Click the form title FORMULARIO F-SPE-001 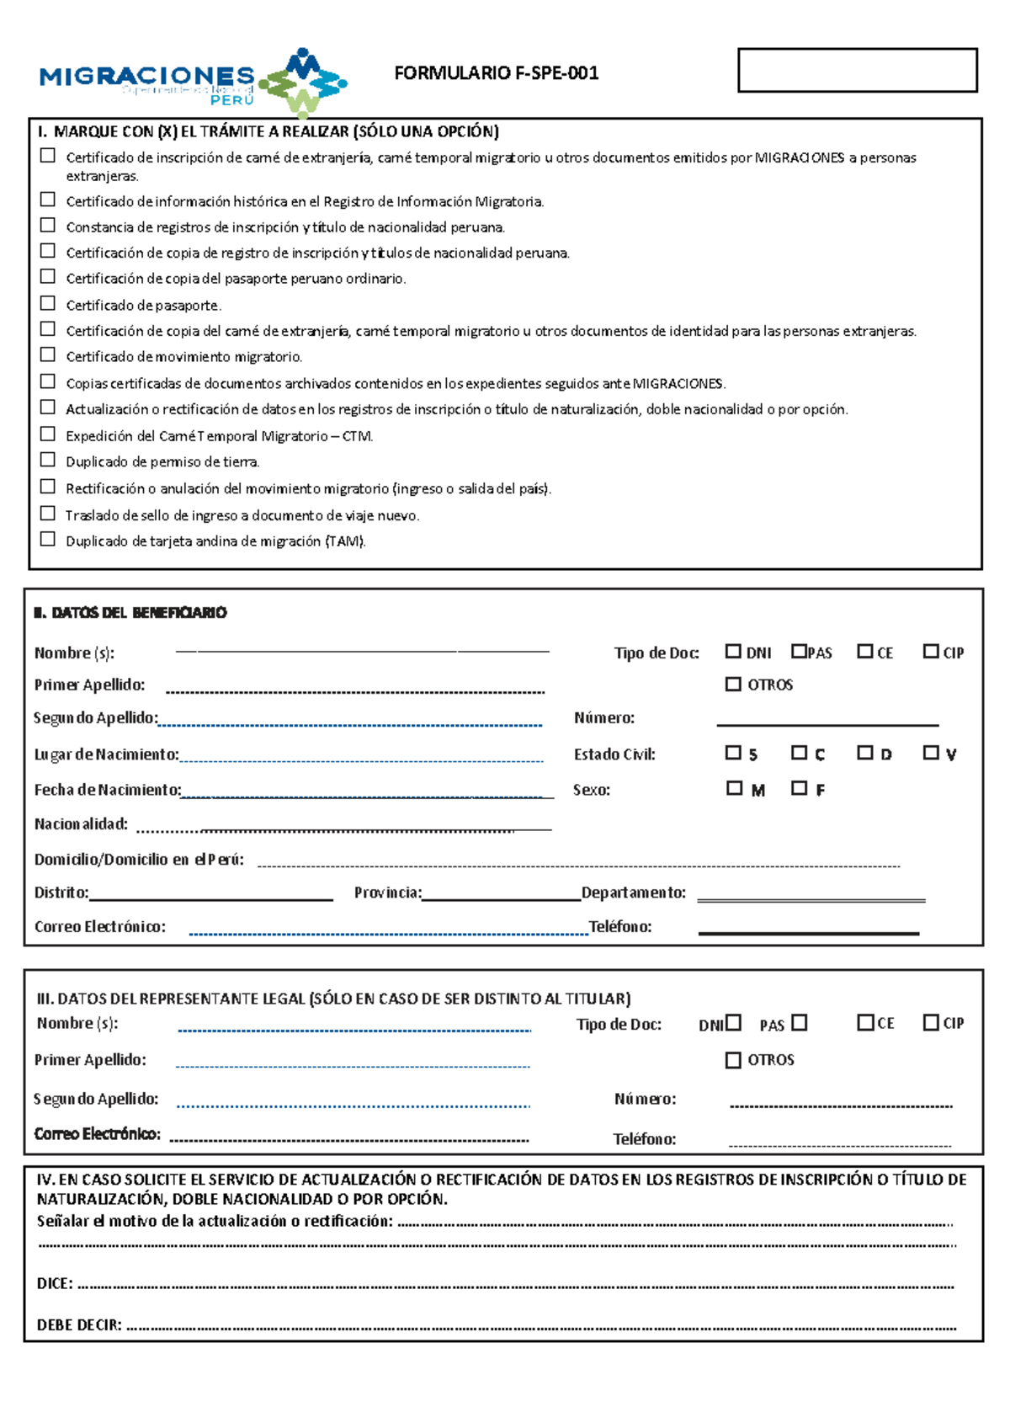coord(496,73)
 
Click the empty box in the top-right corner coord(857,70)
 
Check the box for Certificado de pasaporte coord(48,303)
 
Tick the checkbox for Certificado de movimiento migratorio coord(48,354)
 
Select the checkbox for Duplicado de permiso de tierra coord(48,460)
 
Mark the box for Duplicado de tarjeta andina coord(48,539)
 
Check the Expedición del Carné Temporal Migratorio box coord(48,434)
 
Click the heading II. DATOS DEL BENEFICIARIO coord(130,612)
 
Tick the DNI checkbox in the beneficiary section coord(733,651)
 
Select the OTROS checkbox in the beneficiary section coord(733,684)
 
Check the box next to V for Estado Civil coord(930,752)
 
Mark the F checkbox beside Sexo coord(799,788)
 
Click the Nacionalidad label coord(81,823)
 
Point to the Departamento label coord(633,892)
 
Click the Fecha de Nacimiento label coord(107,790)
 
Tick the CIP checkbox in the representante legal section coord(930,1022)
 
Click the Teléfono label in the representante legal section coord(644,1139)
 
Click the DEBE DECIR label coord(79,1324)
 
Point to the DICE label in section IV coord(55,1283)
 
